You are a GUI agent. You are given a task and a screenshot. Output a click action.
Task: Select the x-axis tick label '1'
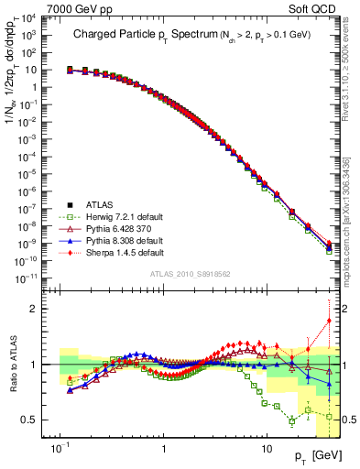163,449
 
